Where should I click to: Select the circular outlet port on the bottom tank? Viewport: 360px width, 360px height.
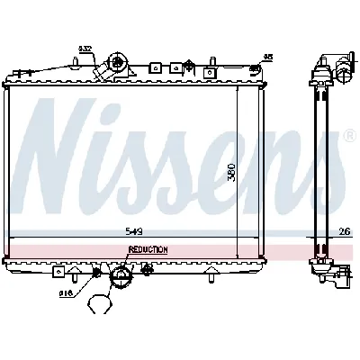pos(118,281)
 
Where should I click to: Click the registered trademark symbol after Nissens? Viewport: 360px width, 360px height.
pos(349,136)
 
